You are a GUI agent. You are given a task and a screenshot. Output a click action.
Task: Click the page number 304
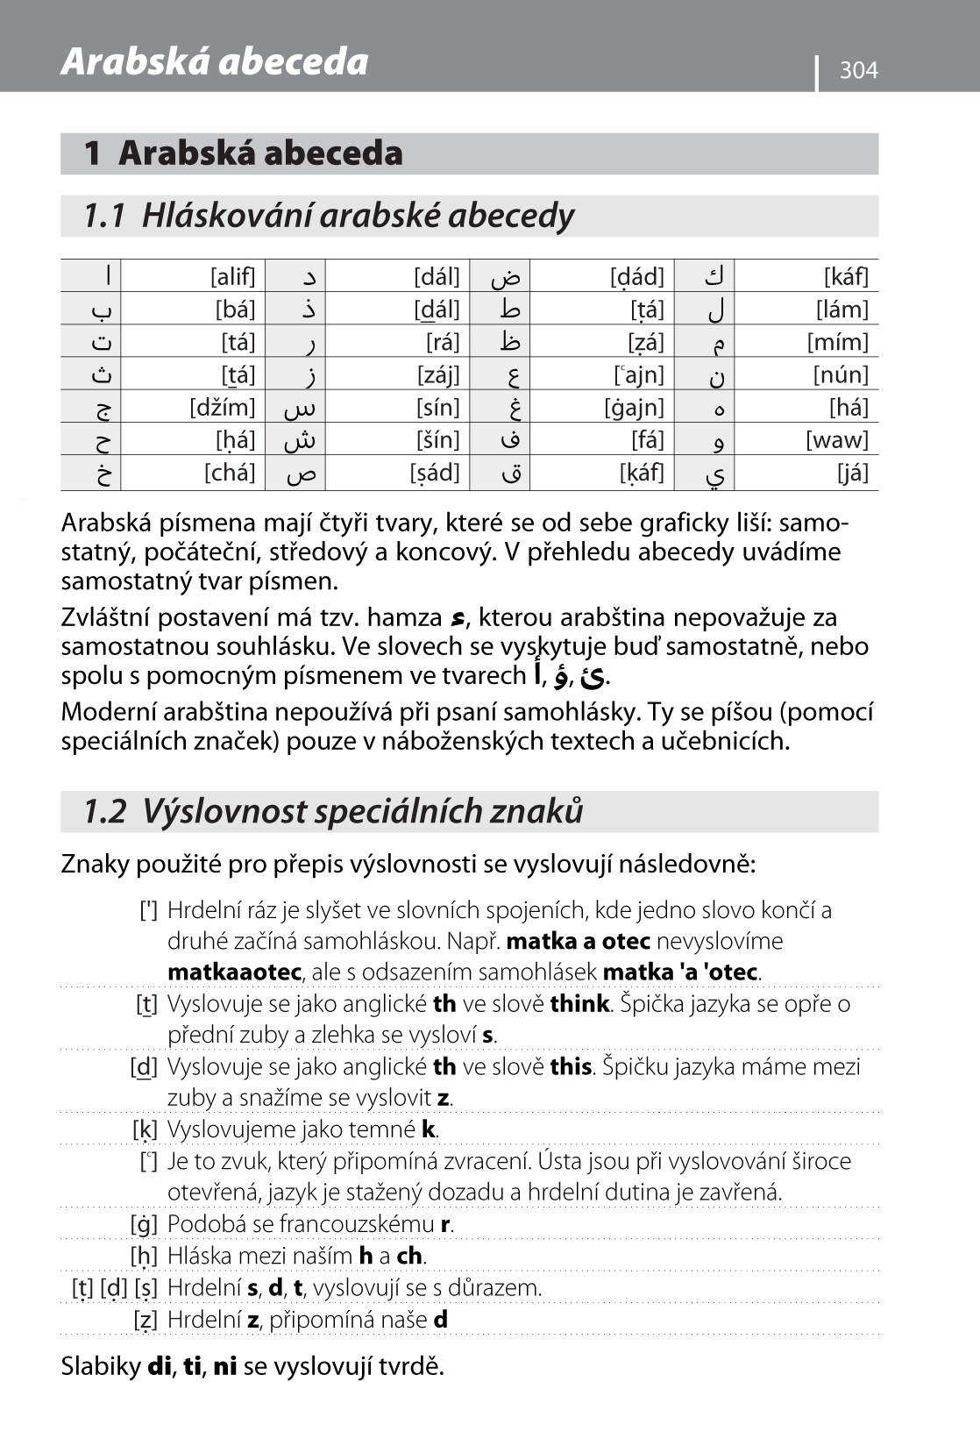point(858,70)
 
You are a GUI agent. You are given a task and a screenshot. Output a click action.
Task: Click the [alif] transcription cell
point(232,277)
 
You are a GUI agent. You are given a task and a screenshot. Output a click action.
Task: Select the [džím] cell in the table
point(223,407)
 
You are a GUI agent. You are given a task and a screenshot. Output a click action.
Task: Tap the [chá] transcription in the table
point(230,473)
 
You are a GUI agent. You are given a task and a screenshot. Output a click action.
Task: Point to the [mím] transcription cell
point(837,342)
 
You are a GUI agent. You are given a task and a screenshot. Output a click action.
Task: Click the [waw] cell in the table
point(836,440)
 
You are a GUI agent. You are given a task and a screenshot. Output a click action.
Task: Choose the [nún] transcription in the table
point(840,375)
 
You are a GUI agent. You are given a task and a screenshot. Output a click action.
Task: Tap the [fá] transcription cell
point(647,440)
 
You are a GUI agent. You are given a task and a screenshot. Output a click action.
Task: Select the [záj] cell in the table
point(437,375)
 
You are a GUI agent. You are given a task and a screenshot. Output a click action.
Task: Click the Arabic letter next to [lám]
point(715,310)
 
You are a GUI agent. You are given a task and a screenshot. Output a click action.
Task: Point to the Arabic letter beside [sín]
point(300,409)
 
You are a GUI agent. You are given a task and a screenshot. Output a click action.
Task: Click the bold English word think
point(579,1004)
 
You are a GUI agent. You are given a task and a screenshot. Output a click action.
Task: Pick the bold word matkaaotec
point(234,972)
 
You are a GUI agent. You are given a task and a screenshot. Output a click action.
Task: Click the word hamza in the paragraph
point(404,617)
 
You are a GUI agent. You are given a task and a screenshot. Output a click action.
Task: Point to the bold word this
point(571,1067)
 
